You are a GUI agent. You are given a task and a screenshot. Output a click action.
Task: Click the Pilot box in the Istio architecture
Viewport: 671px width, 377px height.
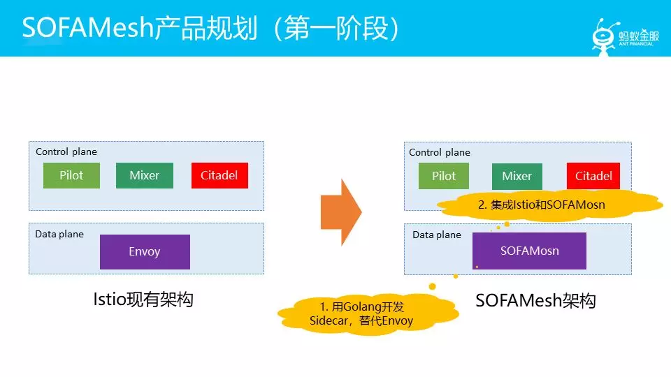click(71, 175)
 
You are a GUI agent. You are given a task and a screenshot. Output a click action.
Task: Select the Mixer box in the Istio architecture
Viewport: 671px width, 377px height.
click(145, 175)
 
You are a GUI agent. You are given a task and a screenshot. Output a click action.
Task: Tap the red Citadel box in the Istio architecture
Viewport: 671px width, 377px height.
click(219, 175)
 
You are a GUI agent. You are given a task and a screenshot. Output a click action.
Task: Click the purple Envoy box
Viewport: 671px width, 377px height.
click(145, 252)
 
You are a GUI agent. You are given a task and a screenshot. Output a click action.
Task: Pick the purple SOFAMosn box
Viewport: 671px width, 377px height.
click(529, 251)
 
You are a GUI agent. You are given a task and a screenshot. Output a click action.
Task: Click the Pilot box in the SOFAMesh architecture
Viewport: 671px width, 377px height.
click(444, 176)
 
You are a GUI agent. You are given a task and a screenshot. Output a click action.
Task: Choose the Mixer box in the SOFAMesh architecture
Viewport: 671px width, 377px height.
click(517, 176)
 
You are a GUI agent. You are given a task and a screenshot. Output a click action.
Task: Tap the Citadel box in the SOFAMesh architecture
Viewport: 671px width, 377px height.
click(593, 176)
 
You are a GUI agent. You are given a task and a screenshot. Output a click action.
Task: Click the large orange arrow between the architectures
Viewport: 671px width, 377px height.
click(341, 212)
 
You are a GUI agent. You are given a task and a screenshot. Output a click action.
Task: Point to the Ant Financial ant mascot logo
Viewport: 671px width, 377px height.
click(604, 37)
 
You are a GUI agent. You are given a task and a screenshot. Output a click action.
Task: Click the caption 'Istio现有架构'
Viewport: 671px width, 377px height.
click(143, 300)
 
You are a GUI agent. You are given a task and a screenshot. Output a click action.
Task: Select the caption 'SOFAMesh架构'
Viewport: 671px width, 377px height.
click(536, 300)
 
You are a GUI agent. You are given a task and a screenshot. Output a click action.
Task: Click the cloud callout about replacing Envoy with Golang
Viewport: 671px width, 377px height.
click(368, 314)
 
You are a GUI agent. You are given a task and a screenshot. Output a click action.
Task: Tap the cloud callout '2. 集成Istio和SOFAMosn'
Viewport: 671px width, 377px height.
click(550, 205)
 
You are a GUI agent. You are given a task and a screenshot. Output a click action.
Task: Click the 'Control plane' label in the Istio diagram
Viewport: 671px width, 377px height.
click(66, 151)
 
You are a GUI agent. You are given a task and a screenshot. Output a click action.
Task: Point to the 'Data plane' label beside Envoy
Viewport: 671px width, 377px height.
click(59, 235)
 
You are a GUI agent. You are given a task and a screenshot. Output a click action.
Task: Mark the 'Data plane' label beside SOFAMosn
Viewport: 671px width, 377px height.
click(437, 235)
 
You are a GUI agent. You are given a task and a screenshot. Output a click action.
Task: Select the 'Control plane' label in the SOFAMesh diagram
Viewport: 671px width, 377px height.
click(440, 153)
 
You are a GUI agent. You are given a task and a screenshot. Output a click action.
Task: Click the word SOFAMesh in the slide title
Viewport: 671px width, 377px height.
click(88, 28)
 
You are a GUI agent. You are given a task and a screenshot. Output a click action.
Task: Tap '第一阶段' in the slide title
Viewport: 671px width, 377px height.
click(336, 28)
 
